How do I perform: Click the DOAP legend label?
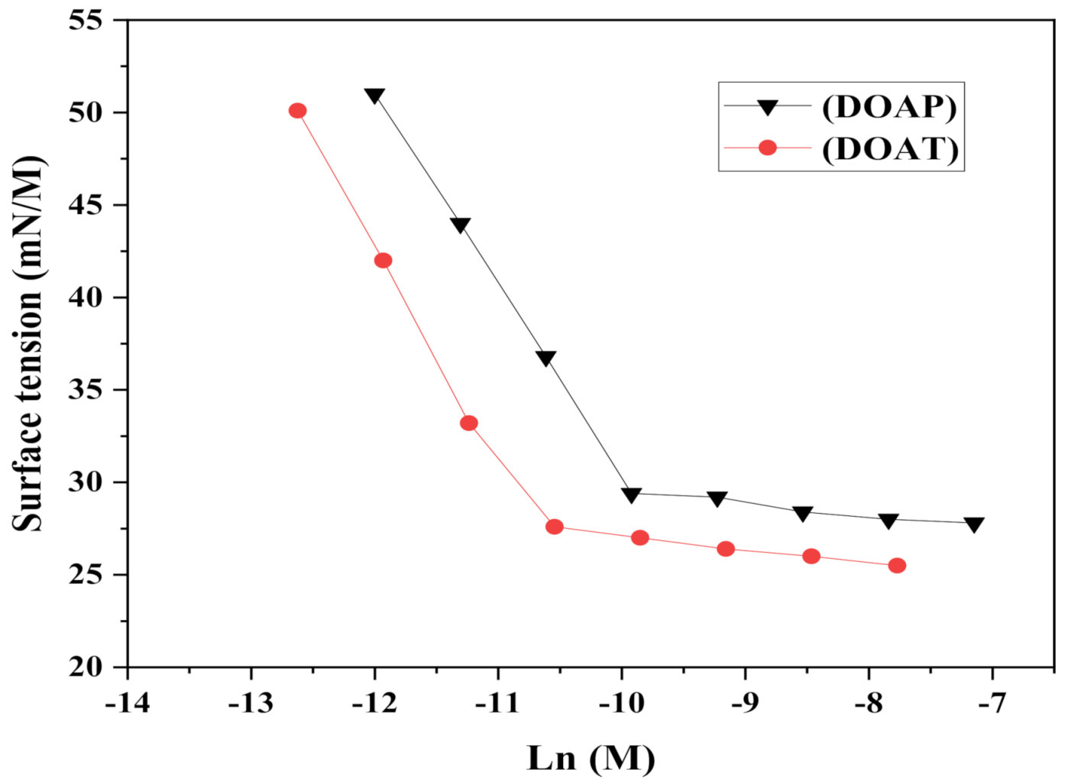point(889,106)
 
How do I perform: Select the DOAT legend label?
point(890,148)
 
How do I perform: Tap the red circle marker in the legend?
point(767,148)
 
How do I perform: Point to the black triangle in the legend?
point(767,106)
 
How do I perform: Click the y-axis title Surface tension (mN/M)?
point(29,343)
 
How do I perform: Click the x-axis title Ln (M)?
point(591,758)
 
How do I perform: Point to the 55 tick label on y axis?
point(85,20)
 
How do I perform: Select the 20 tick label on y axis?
point(85,667)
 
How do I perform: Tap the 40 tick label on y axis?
point(85,297)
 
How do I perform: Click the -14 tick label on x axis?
point(127,702)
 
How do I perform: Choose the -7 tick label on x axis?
point(992,702)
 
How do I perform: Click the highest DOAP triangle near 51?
point(374,96)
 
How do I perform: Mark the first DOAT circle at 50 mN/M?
point(298,111)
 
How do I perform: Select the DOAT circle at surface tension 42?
point(384,261)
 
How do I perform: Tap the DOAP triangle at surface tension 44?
point(460,225)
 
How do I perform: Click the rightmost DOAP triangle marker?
point(974,524)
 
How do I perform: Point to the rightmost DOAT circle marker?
point(897,566)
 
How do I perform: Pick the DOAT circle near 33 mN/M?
point(469,424)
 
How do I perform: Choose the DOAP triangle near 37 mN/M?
point(545,358)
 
